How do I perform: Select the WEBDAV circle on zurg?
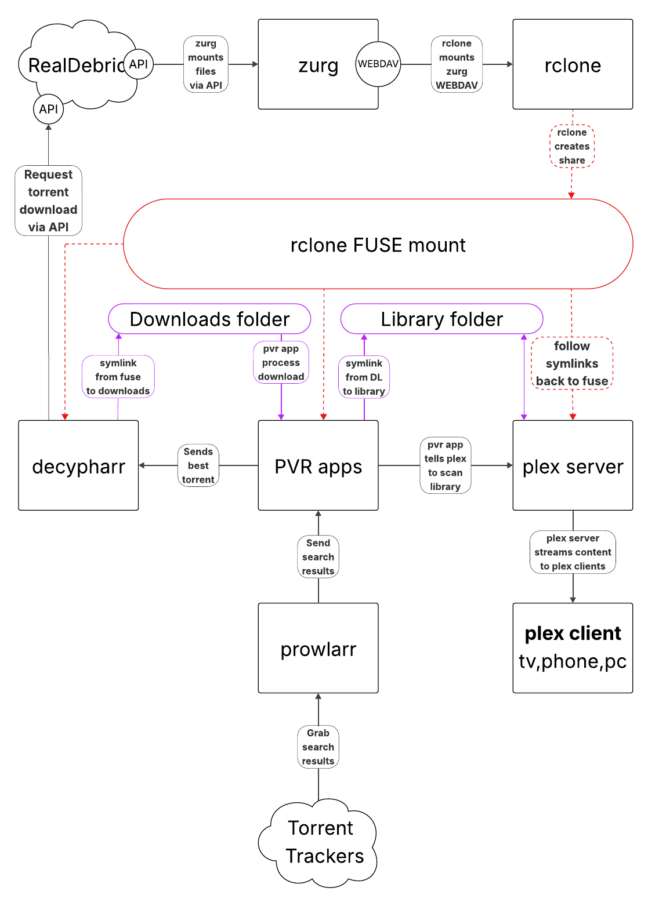point(378,64)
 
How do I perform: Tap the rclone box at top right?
point(573,64)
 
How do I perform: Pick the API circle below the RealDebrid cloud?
point(48,109)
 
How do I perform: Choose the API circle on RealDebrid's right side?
point(138,64)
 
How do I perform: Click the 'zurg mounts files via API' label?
point(205,64)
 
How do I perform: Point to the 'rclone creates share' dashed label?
point(572,146)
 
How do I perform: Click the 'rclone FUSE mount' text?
point(378,245)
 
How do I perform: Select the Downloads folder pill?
point(209,319)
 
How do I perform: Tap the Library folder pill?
point(441,319)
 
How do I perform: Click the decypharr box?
point(78,465)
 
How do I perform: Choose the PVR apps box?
point(318,465)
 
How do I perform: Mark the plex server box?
point(573,465)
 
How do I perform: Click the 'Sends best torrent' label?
point(198,465)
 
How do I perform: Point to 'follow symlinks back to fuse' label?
point(572,363)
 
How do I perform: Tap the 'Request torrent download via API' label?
point(48,201)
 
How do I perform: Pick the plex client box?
point(573,648)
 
